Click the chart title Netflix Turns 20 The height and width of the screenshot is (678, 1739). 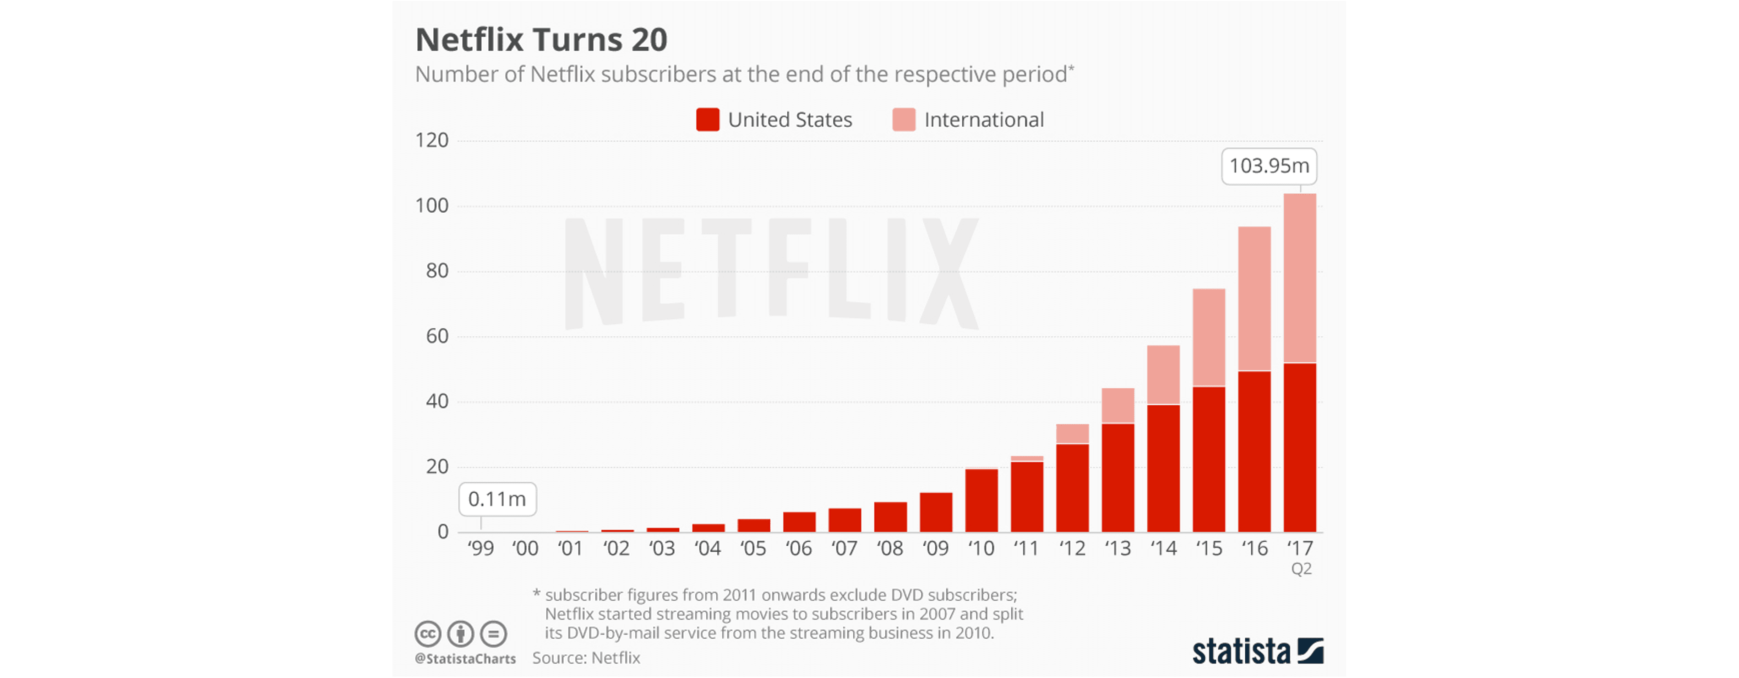[x=541, y=40]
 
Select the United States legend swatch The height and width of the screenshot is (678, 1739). [x=708, y=119]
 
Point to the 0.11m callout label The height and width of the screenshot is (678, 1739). [x=497, y=499]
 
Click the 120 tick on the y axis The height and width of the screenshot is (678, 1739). [x=432, y=140]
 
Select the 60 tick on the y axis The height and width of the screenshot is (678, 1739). [x=437, y=336]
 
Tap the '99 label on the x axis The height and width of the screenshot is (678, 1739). [x=480, y=549]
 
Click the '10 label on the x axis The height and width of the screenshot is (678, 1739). [x=981, y=549]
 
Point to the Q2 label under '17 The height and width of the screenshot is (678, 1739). [x=1301, y=569]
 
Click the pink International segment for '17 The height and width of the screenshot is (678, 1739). [x=1299, y=278]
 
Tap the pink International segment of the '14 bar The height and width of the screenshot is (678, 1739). [x=1163, y=375]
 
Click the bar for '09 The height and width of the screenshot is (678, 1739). [x=936, y=513]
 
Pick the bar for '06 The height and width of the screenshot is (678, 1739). [x=799, y=522]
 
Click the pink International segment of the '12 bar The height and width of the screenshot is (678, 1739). [x=1072, y=434]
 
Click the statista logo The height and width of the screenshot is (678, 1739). [x=1257, y=651]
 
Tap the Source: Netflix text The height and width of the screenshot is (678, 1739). [x=586, y=658]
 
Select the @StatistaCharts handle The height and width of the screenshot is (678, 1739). [x=465, y=658]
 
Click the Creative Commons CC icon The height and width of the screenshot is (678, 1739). [x=427, y=634]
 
